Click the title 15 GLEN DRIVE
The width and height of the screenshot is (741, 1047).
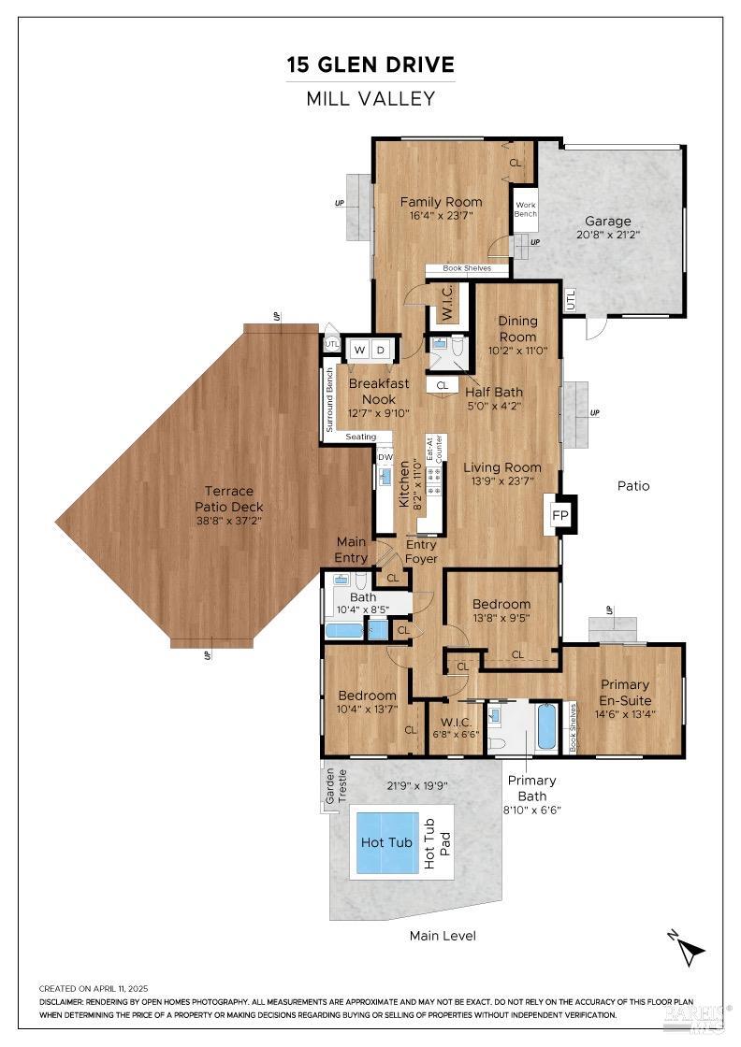pyautogui.click(x=370, y=65)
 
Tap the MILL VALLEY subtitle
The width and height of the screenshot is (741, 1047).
pyautogui.click(x=370, y=98)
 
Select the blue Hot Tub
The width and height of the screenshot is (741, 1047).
pyautogui.click(x=387, y=842)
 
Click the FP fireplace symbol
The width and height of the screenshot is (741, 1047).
pyautogui.click(x=559, y=515)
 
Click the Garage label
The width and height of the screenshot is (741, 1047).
pyautogui.click(x=607, y=222)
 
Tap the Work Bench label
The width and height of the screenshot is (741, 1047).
pyautogui.click(x=525, y=208)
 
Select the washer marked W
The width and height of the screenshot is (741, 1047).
pyautogui.click(x=358, y=350)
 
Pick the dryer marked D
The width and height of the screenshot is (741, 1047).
pyautogui.click(x=381, y=350)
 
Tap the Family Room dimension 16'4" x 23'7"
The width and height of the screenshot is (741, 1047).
pyautogui.click(x=441, y=215)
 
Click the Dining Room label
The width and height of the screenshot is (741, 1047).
pyautogui.click(x=517, y=329)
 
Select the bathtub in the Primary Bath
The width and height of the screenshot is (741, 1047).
pyautogui.click(x=547, y=726)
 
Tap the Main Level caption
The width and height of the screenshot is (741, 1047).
pyautogui.click(x=443, y=935)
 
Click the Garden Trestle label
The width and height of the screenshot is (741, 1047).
pyautogui.click(x=335, y=786)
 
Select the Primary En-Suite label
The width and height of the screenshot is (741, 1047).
pyautogui.click(x=624, y=692)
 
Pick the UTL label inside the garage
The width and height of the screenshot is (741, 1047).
pyautogui.click(x=570, y=300)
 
